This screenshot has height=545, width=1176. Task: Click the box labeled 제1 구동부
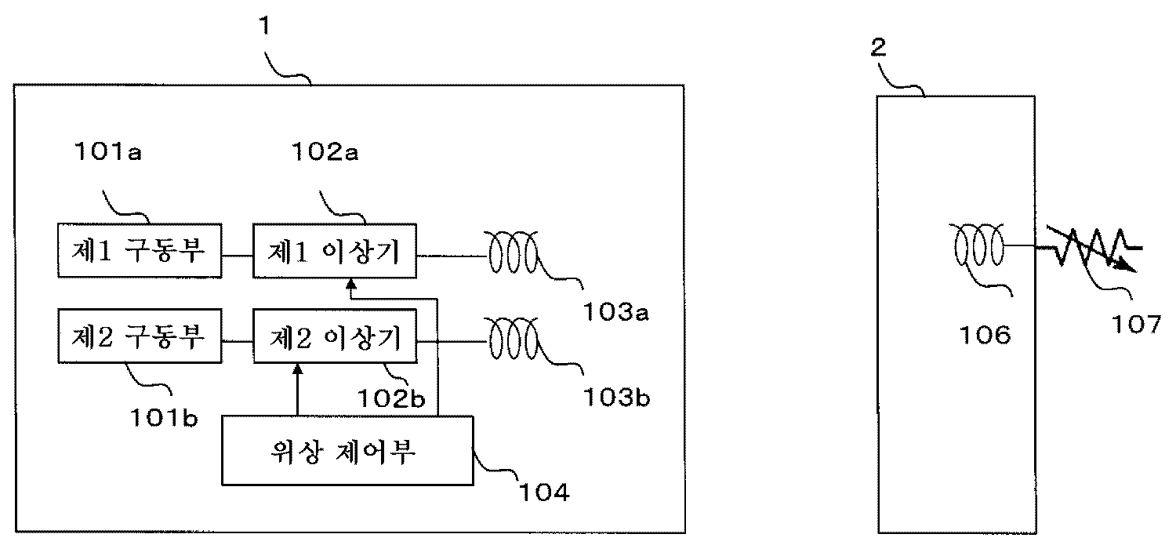(139, 250)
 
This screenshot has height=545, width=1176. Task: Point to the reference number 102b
(394, 401)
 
